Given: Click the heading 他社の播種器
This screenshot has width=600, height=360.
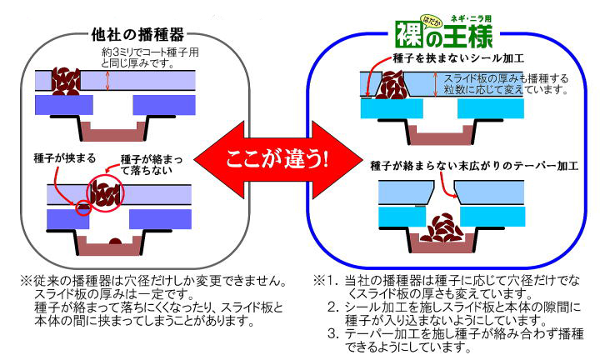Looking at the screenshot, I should (137, 36).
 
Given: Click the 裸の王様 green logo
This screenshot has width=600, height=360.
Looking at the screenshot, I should (442, 35).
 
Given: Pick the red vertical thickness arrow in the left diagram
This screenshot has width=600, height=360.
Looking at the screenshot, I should (107, 80).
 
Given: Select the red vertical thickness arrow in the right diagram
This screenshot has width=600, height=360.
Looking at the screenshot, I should (435, 84).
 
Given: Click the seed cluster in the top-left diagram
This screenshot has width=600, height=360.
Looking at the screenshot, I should (62, 81).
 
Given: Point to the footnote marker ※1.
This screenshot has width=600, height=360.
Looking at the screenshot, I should (323, 281).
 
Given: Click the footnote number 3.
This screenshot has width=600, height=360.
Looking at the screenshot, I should (332, 332).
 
